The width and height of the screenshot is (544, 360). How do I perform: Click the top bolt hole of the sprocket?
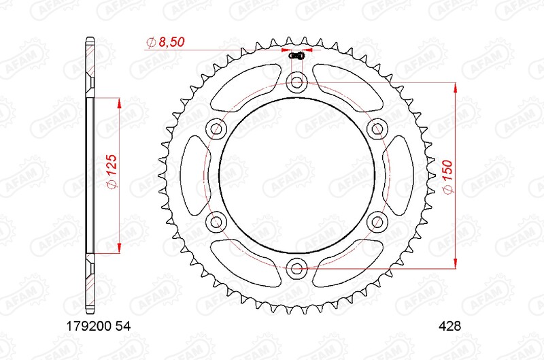[x=296, y=83]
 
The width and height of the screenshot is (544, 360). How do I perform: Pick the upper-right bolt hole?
[x=376, y=128]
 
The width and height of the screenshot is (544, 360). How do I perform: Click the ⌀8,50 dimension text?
[x=165, y=43]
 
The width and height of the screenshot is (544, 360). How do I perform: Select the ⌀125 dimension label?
[x=113, y=173]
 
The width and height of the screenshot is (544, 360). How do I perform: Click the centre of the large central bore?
[x=296, y=174]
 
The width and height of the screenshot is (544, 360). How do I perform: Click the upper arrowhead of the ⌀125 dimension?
[x=120, y=102]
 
